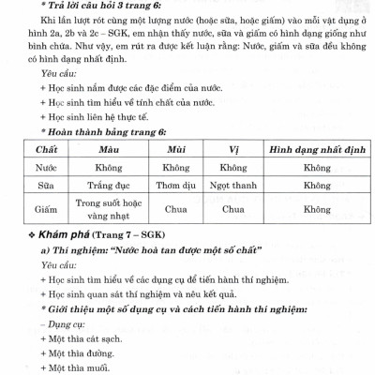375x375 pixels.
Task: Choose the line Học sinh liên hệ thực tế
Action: pyautogui.click(x=99, y=115)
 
